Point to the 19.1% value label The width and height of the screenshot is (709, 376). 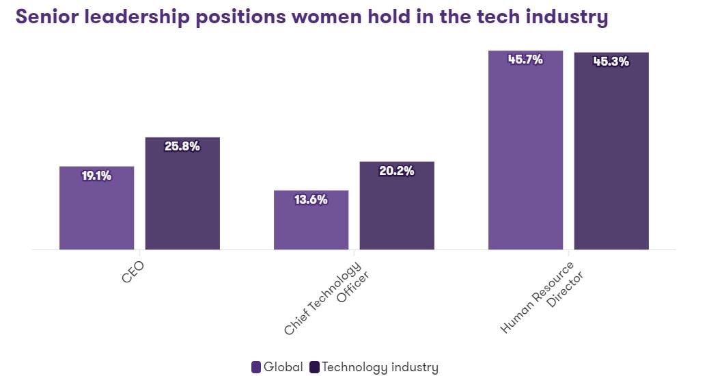(96, 176)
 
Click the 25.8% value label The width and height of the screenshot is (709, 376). (182, 146)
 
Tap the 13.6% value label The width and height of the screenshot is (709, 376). (311, 200)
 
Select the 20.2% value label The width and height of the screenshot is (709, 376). (397, 171)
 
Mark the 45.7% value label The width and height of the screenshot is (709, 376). (525, 59)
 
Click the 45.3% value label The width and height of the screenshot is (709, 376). (611, 62)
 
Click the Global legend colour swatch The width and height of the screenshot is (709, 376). (256, 367)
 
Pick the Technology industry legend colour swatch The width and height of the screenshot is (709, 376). (314, 367)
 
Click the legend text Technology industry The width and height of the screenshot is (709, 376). (380, 367)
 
